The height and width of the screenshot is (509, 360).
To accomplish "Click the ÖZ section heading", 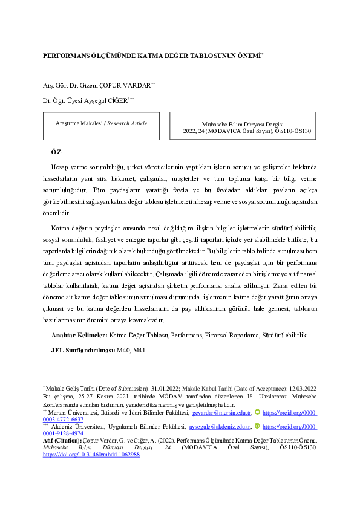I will point(56,151).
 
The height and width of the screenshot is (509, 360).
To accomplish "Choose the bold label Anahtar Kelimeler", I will point(79,334).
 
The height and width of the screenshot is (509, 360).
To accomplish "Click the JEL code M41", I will point(139,349).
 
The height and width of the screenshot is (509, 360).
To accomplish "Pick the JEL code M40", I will point(124,349).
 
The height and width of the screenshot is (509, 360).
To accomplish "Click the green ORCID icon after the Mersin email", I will point(257,413).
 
